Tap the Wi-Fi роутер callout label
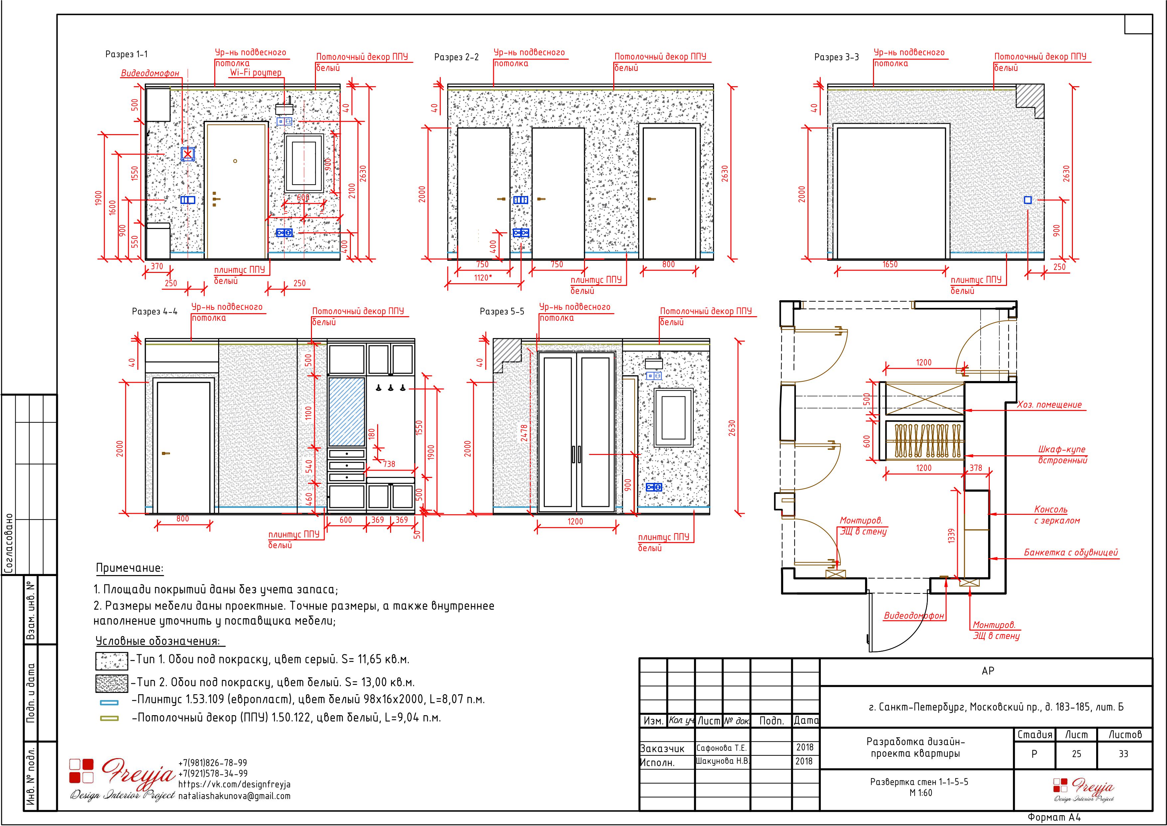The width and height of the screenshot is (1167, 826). point(256,73)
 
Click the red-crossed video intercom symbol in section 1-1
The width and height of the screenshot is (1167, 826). point(188,154)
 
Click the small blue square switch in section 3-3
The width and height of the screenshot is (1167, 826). point(1028,200)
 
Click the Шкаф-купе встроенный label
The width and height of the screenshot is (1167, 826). point(1062,455)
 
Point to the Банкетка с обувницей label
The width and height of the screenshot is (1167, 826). point(1071,552)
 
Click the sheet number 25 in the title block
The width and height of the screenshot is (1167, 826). point(1077,754)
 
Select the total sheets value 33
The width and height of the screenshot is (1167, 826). point(1123,754)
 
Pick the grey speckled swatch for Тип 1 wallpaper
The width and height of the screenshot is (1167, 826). point(112,661)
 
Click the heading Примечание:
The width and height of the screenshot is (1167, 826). point(130,568)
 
